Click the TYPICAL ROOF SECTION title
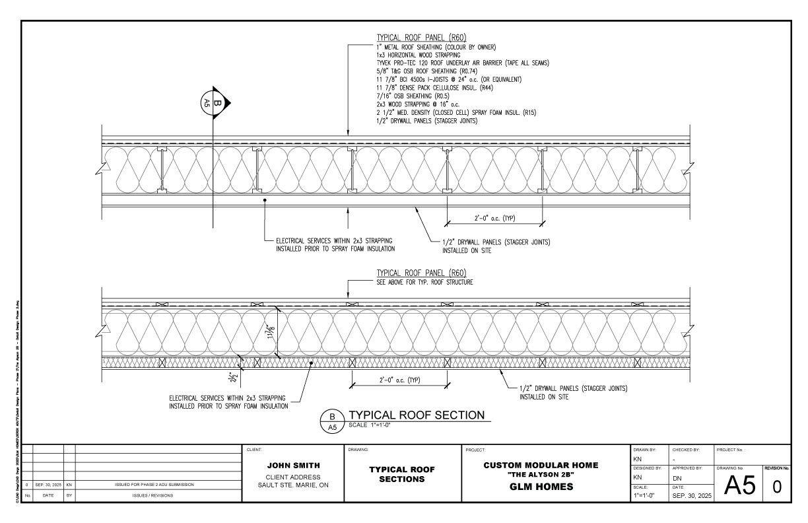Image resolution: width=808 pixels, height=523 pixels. (416, 415)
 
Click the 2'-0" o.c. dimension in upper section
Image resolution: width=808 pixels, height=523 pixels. (494, 218)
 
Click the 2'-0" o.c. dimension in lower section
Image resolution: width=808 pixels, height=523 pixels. (399, 380)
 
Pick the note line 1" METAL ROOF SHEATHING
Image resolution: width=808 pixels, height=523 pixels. (436, 47)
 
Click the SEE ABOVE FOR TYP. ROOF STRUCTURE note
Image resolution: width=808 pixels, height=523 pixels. (424, 282)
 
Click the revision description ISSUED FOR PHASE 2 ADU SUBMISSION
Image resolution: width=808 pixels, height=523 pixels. (155, 485)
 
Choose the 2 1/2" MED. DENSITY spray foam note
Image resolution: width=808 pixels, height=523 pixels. (455, 112)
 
